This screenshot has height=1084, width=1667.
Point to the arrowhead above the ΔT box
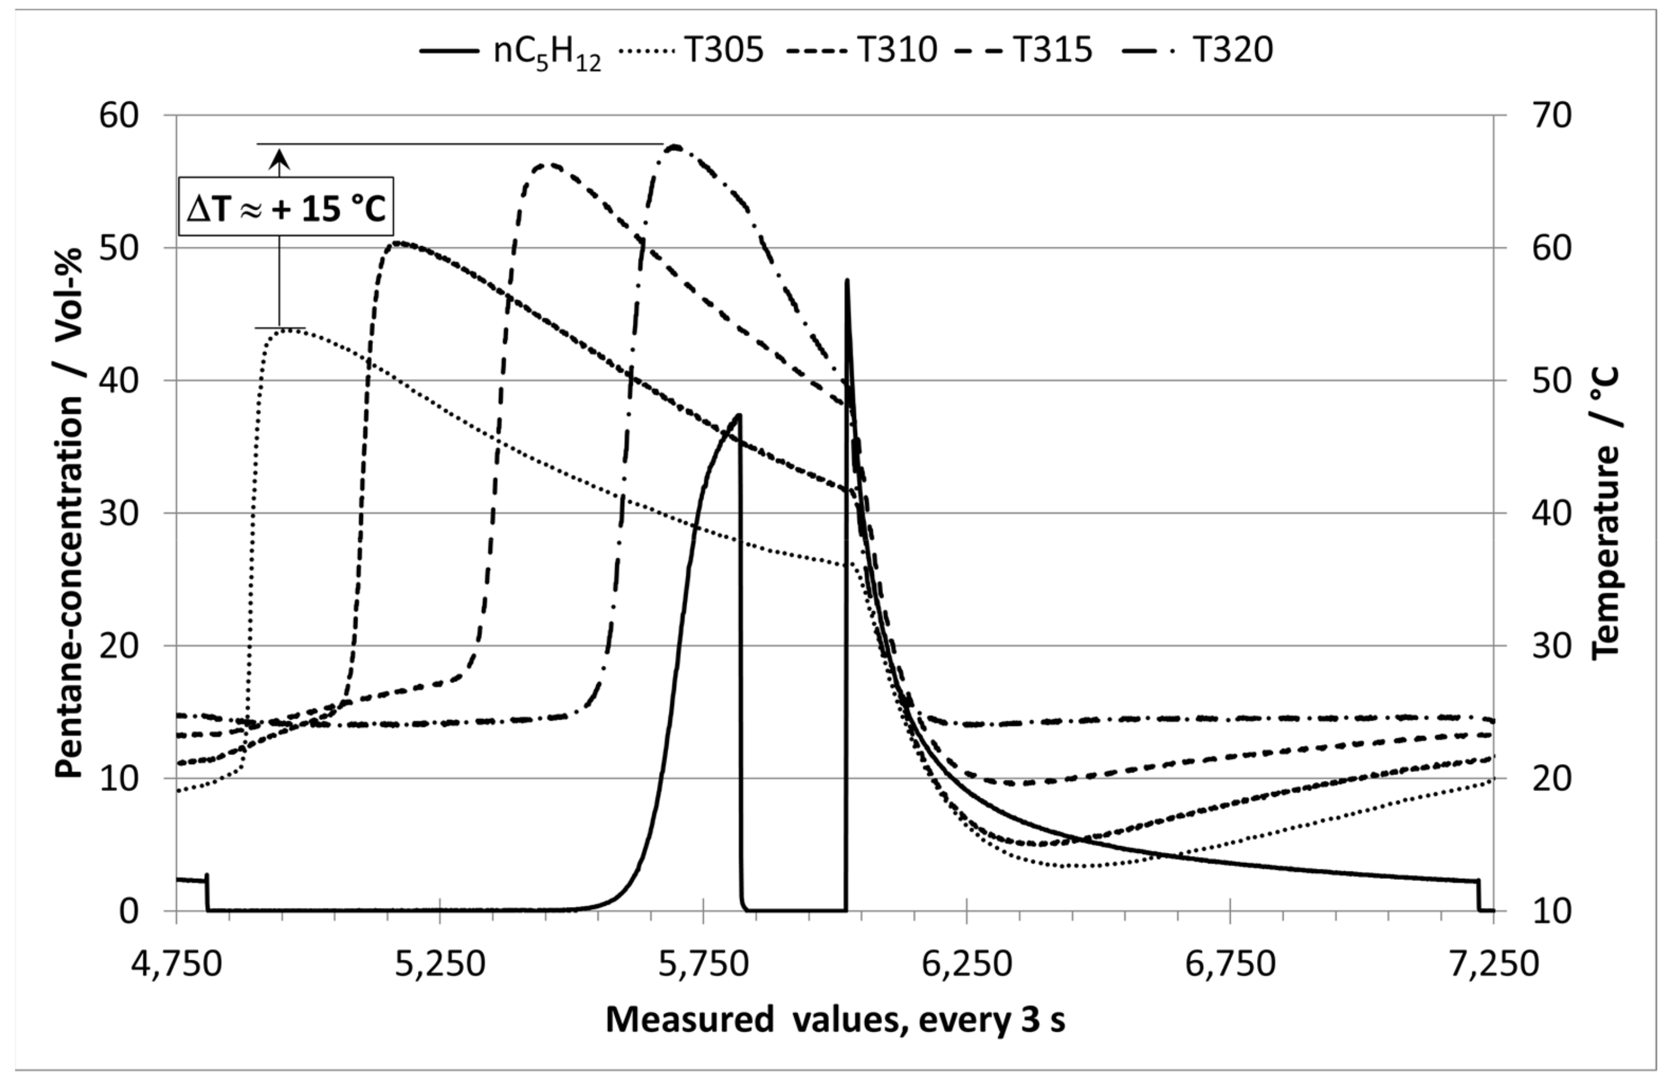[x=280, y=160]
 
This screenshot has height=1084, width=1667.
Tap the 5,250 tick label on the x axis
[x=440, y=964]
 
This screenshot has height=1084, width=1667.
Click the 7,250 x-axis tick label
[x=1493, y=964]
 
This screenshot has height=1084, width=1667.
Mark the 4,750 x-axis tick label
[x=177, y=964]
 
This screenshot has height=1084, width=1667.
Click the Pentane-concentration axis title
[x=70, y=513]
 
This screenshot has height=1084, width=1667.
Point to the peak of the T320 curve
[x=674, y=146]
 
